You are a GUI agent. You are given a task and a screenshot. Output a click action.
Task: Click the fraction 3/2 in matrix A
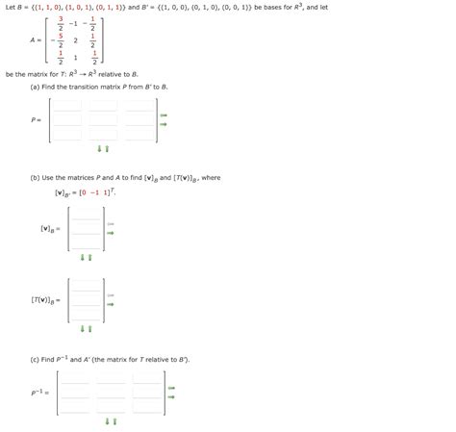(x=60, y=22)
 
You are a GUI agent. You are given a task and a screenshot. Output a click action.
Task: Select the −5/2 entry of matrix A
(x=59, y=41)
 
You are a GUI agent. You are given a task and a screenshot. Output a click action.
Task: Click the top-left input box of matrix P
(x=66, y=109)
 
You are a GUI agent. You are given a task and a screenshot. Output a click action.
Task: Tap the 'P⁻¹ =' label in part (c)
(x=38, y=393)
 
